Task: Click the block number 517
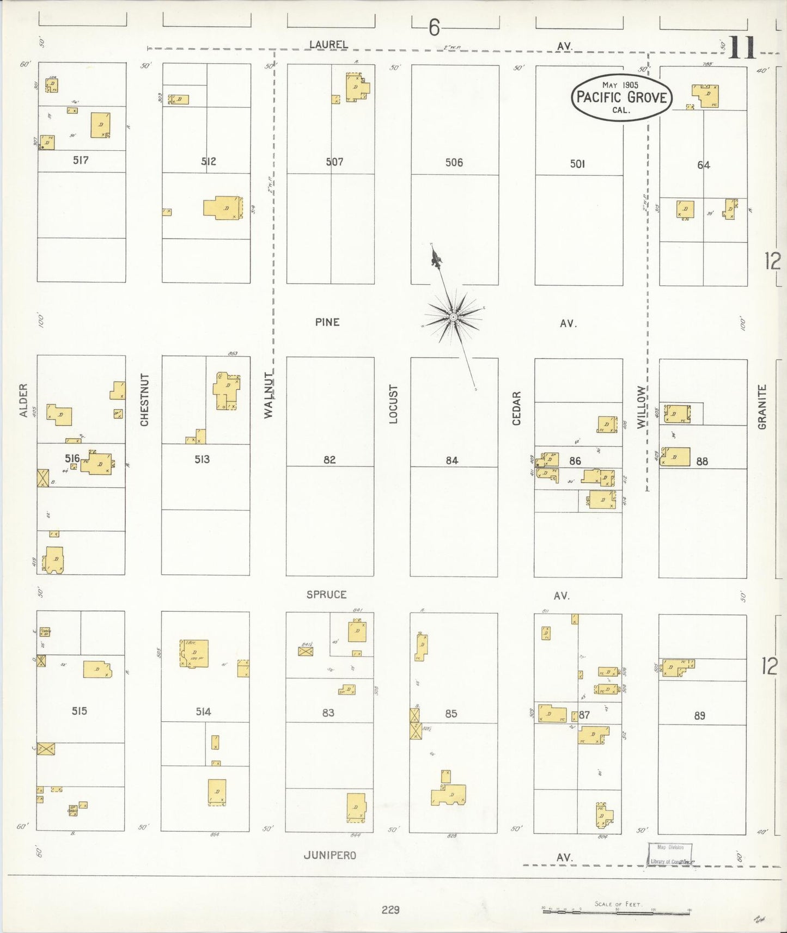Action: pyautogui.click(x=81, y=161)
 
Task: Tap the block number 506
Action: pyautogui.click(x=454, y=162)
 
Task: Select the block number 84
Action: pyautogui.click(x=452, y=461)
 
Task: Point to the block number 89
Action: pyautogui.click(x=699, y=716)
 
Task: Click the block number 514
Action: pyautogui.click(x=203, y=711)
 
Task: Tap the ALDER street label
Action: pyautogui.click(x=23, y=401)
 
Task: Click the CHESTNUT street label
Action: pyautogui.click(x=144, y=400)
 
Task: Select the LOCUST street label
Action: pyautogui.click(x=393, y=404)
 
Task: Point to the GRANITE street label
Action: pyautogui.click(x=762, y=407)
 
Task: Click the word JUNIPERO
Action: pyautogui.click(x=330, y=855)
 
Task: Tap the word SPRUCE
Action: pyautogui.click(x=326, y=595)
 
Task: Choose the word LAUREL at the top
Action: pyautogui.click(x=328, y=45)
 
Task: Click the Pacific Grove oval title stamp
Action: pyautogui.click(x=621, y=97)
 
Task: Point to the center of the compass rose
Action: pyautogui.click(x=453, y=317)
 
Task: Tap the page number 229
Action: pyautogui.click(x=391, y=910)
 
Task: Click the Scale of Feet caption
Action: pyautogui.click(x=617, y=904)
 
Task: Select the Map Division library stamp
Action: pyautogui.click(x=670, y=854)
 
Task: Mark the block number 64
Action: pyautogui.click(x=703, y=165)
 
